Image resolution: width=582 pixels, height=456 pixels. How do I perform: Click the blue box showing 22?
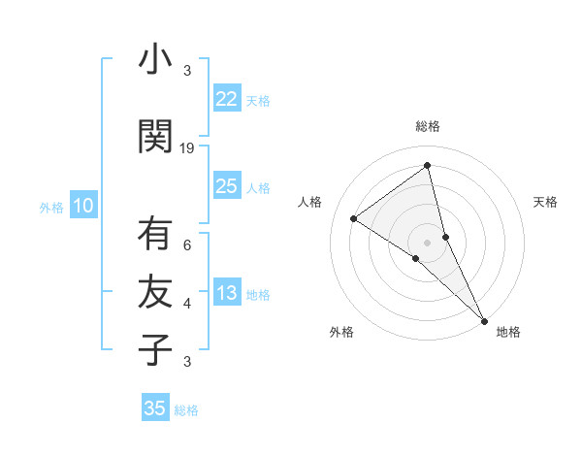[227, 99]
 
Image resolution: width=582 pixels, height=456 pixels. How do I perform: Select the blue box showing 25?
[227, 186]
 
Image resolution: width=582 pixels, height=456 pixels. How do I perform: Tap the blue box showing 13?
[227, 294]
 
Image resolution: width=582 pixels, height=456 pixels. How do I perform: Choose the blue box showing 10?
[83, 206]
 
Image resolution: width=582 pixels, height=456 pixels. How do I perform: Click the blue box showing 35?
[155, 408]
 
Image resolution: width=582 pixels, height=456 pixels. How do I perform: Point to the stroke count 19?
[187, 148]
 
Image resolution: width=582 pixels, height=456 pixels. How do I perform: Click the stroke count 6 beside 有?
[187, 245]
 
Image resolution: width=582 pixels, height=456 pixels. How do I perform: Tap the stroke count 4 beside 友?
[187, 304]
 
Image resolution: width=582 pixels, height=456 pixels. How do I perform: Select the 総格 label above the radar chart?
[428, 126]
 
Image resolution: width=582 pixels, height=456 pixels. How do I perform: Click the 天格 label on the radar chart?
[545, 202]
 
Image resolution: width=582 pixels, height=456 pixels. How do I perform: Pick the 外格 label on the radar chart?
[341, 332]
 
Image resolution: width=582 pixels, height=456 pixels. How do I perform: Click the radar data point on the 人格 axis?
[354, 218]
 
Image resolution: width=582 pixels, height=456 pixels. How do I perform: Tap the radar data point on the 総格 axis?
[428, 166]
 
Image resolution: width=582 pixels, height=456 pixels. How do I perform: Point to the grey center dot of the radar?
[428, 242]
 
